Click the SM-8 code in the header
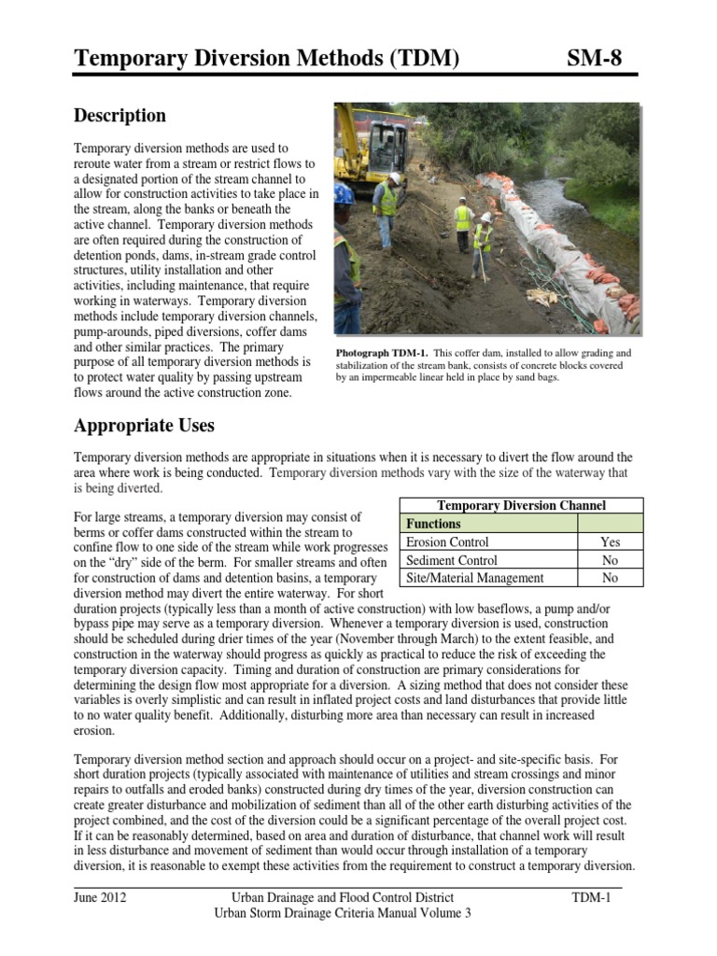pos(594,60)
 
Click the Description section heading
pos(119,116)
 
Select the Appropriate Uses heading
pos(144,426)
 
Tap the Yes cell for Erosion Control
pos(610,541)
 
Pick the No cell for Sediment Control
pos(610,560)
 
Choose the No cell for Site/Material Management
pos(610,578)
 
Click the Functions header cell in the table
pos(432,524)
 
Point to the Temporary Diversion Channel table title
pos(521,505)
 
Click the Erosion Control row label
pos(447,541)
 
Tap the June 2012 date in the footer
pos(100,898)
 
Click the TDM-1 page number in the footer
pos(591,898)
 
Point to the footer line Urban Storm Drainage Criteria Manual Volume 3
pos(343,913)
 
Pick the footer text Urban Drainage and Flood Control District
pos(343,898)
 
